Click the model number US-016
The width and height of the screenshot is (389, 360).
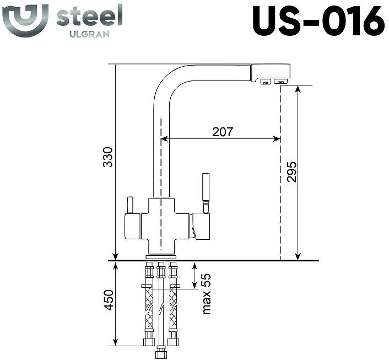[x=318, y=21]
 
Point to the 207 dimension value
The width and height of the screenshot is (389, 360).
[x=223, y=132]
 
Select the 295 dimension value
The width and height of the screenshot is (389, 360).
[x=292, y=173]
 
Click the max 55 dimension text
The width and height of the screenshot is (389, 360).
[x=207, y=294]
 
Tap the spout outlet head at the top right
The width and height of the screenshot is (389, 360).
[x=271, y=73]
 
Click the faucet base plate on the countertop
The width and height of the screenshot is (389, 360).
[x=161, y=257]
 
